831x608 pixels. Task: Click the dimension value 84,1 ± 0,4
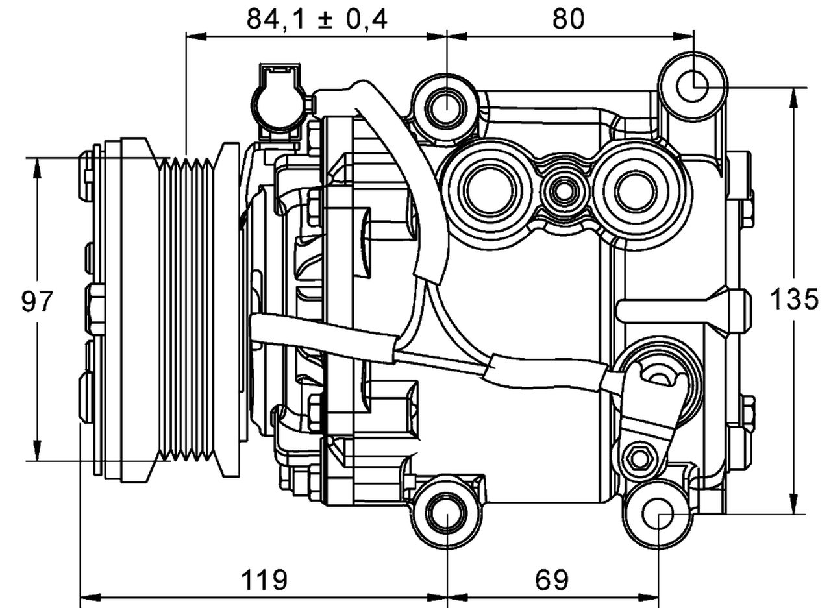[316, 19]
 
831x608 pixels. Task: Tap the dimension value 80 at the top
[568, 19]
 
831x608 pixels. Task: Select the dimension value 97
[37, 302]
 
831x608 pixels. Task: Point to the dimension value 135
[793, 300]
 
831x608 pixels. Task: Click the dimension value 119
[264, 579]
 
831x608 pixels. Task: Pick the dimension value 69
[552, 579]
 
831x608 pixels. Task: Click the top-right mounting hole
[693, 86]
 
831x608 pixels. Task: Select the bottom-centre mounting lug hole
[447, 513]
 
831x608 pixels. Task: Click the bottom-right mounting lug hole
[658, 514]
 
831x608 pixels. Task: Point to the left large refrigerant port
[489, 189]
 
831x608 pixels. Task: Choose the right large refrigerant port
[636, 190]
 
